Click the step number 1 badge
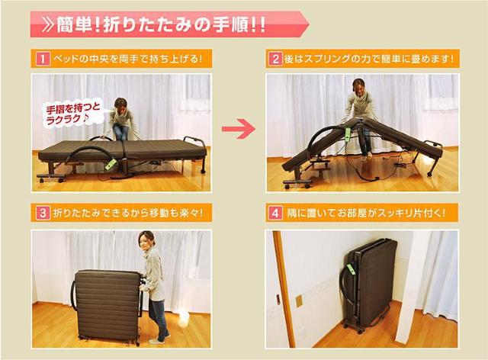41,59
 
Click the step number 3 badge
41,214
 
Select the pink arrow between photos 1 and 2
238,129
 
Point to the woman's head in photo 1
120,103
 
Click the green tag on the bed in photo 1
111,164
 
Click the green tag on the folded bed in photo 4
352,268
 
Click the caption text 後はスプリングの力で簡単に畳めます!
371,59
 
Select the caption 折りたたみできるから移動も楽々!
127,214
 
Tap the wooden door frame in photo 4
279,290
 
